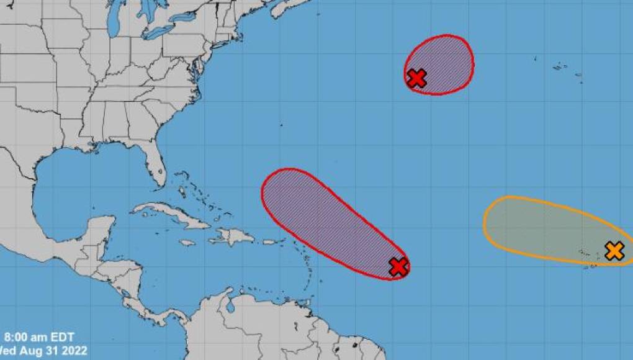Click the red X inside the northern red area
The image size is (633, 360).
[x=416, y=78]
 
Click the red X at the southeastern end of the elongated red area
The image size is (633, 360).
[x=398, y=266]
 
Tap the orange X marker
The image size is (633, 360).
[x=614, y=251]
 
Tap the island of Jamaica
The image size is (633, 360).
[x=186, y=243]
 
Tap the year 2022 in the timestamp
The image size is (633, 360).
[x=75, y=351]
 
